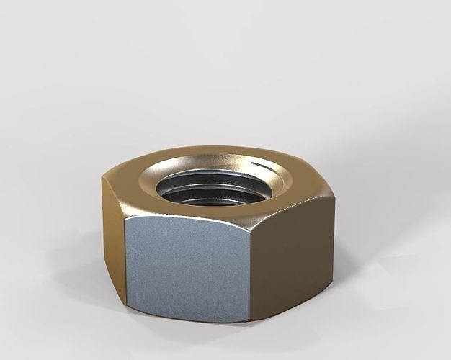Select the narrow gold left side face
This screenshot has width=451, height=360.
113,238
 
